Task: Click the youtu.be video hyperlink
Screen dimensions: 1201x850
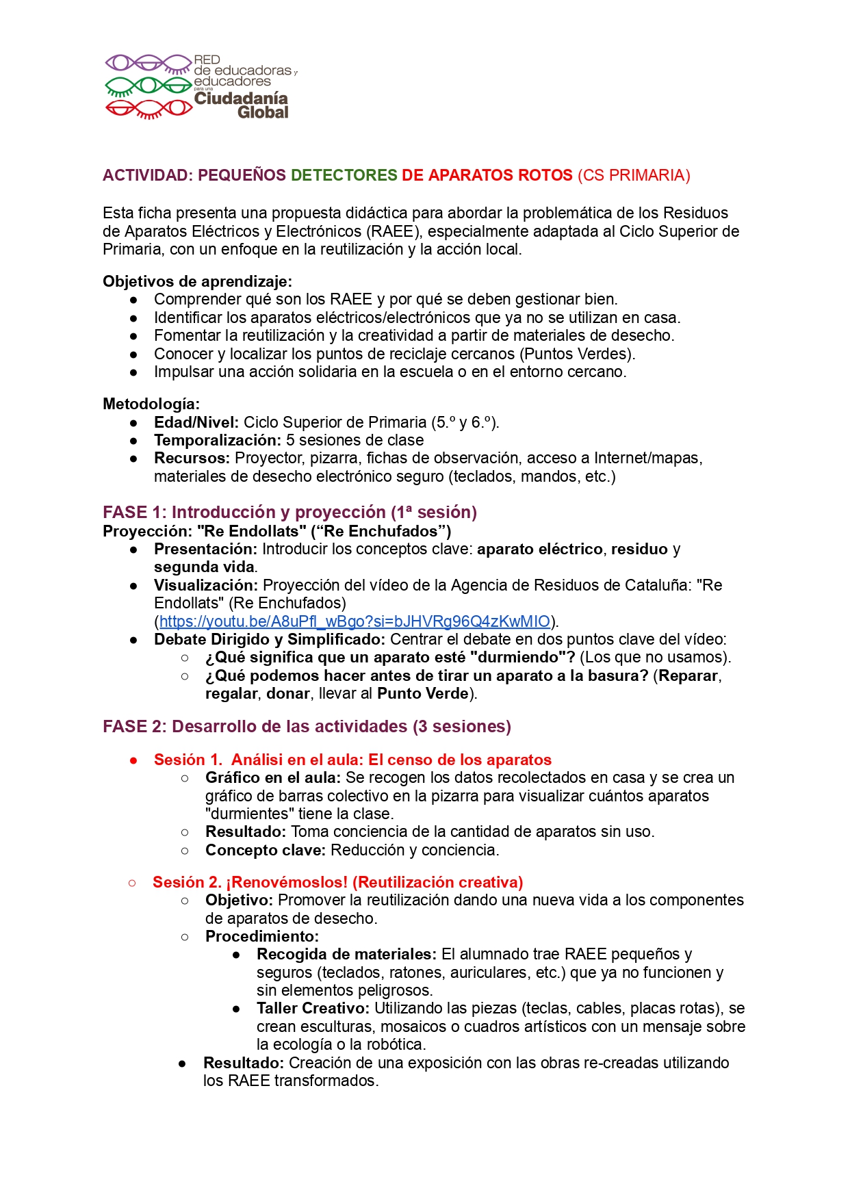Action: (355, 621)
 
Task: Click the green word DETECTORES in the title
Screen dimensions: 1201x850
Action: (344, 175)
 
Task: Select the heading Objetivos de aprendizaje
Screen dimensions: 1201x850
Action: (197, 281)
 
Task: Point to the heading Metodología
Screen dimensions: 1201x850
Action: (151, 404)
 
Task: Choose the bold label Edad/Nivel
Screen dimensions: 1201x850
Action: (196, 422)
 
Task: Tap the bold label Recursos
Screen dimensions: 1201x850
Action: (192, 458)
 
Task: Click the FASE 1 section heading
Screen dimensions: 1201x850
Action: (289, 512)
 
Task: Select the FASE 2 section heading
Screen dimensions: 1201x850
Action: (307, 726)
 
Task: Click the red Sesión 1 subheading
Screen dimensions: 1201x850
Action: (352, 760)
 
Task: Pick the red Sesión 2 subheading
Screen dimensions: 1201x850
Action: (337, 882)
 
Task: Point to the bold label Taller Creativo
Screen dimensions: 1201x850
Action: (313, 1008)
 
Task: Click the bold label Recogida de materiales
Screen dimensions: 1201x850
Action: (346, 954)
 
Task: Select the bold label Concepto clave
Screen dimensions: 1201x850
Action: (266, 850)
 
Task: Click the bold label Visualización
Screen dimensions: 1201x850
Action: (206, 585)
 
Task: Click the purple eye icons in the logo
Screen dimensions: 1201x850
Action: (148, 64)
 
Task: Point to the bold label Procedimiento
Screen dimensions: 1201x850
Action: (262, 936)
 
